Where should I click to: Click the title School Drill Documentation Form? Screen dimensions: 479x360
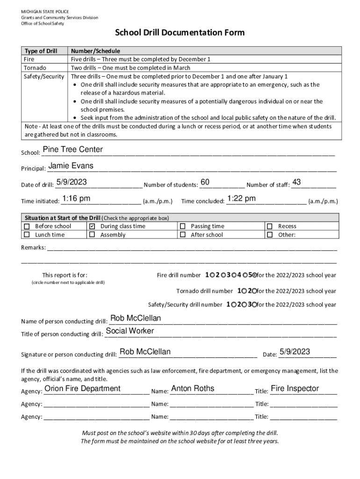[x=180, y=33]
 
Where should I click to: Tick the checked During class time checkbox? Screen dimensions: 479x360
[x=92, y=226]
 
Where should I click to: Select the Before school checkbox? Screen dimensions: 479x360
[x=27, y=226]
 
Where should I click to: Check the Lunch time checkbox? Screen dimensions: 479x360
[x=27, y=235]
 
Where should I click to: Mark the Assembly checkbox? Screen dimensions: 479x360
[x=92, y=235]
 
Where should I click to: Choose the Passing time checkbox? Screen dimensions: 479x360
[x=182, y=226]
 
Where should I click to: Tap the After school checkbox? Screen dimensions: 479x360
[x=182, y=235]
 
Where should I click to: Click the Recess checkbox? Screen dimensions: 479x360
[x=270, y=226]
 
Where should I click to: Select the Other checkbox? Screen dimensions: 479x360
[x=270, y=235]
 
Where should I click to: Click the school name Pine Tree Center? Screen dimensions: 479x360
[x=72, y=150]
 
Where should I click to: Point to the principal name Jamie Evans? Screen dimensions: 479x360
[x=71, y=166]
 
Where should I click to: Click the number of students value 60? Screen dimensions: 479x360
[x=205, y=182]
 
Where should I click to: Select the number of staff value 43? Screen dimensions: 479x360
[x=296, y=182]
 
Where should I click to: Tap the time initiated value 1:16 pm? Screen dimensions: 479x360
[x=76, y=199]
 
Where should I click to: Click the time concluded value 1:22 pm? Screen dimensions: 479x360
[x=241, y=199]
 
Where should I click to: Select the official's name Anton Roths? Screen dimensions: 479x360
[x=193, y=389]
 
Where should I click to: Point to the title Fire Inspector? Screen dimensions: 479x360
[x=295, y=389]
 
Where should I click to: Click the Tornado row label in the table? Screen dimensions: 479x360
[x=35, y=68]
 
